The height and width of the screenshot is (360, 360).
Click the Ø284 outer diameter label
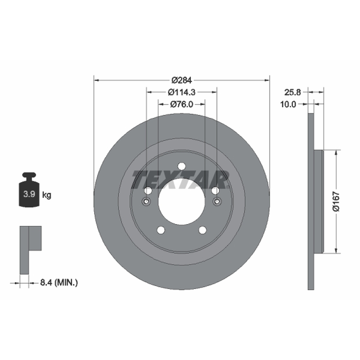pos(182,80)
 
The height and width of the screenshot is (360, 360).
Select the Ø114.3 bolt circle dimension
pos(182,92)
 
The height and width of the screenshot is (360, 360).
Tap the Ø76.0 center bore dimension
pos(182,104)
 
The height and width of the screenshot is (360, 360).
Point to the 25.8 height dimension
pos(292,92)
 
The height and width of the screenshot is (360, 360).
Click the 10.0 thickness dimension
pos(288,104)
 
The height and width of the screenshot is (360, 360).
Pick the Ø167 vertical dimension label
pos(336,201)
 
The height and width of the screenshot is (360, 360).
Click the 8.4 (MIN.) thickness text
pos(59,282)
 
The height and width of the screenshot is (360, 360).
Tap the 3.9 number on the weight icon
pos(29,194)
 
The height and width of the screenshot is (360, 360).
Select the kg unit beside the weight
pos(47,195)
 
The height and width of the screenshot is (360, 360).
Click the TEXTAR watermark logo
pos(180,180)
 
